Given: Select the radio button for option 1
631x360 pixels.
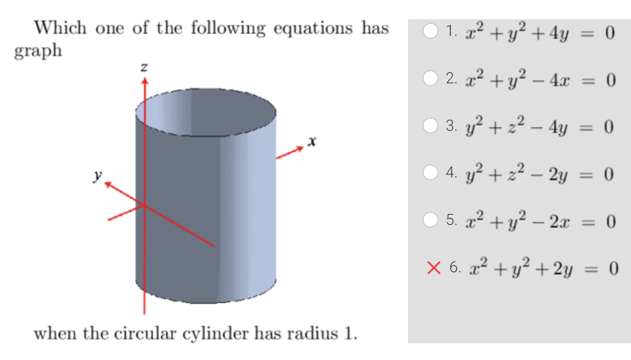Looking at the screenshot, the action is pos(432,31).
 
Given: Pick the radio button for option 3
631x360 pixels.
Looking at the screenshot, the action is pos(432,127).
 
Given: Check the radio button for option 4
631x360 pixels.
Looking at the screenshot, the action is pos(432,174).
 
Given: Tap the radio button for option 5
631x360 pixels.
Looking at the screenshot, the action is pos(432,222).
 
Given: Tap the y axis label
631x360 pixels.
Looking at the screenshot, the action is pos(97,174).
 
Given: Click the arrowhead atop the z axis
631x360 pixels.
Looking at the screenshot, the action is pos(144,81).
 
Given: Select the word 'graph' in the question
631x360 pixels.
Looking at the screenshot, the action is pos(38,51).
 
